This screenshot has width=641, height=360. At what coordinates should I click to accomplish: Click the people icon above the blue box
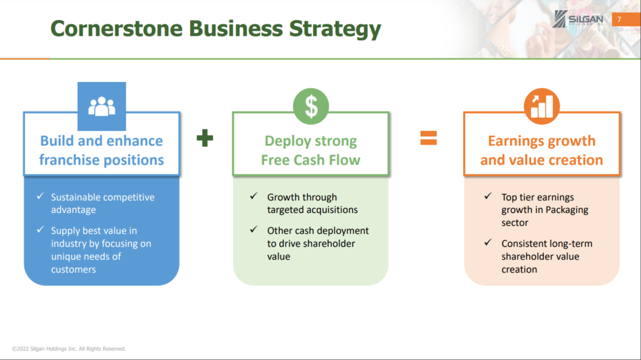[x=102, y=106]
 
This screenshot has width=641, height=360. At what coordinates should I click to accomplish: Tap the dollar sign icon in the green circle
[x=311, y=106]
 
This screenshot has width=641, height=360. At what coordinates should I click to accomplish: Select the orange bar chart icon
[x=541, y=106]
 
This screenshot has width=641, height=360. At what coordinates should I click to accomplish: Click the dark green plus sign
[x=205, y=138]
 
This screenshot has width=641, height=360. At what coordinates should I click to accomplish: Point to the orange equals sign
[x=428, y=138]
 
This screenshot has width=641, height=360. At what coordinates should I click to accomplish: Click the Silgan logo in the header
[x=578, y=19]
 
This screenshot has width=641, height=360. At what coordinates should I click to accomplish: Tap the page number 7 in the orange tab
[x=619, y=19]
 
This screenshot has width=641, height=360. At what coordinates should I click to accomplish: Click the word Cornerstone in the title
[x=116, y=29]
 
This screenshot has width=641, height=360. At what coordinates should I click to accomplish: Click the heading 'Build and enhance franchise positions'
[x=101, y=150]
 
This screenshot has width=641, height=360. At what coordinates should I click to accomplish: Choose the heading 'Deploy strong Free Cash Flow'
[x=310, y=150]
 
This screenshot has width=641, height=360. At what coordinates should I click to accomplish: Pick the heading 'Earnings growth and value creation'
[x=541, y=150]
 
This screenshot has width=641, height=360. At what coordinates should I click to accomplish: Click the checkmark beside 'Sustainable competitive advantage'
[x=40, y=196]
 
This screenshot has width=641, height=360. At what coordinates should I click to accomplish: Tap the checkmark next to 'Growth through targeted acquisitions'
[x=254, y=196]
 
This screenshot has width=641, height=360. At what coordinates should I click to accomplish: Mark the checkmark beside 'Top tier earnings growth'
[x=488, y=196]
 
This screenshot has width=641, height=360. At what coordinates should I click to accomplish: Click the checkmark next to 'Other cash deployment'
[x=254, y=230]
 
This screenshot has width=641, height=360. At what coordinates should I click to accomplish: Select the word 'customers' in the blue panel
[x=74, y=270]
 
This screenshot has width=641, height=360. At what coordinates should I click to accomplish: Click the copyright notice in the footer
[x=69, y=349]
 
